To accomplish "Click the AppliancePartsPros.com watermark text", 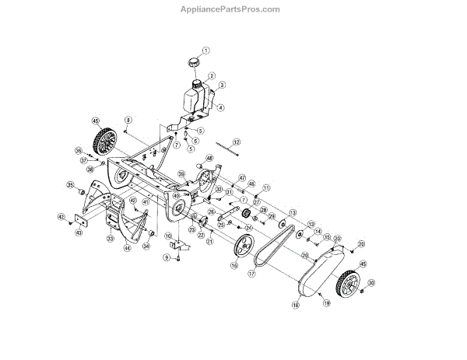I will click(234, 9).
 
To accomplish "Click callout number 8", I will click(128, 118).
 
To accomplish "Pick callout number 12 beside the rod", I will click(237, 142).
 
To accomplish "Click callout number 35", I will click(70, 185).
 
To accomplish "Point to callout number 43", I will click(78, 232).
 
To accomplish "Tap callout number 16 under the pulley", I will click(233, 265).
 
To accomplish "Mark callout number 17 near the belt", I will click(251, 273).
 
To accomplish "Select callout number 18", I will click(296, 306).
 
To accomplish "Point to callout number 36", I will click(79, 151).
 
